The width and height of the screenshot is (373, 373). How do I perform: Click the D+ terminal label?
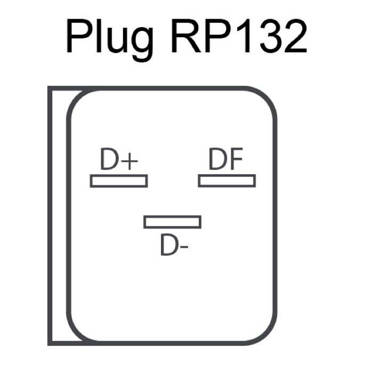[x=118, y=160]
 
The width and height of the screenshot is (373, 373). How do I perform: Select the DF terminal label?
[x=226, y=160]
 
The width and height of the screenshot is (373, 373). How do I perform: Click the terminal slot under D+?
[x=118, y=181]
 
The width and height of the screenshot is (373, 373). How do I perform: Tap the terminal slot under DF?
[x=226, y=181]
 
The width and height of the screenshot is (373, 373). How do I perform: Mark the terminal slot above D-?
[x=172, y=222]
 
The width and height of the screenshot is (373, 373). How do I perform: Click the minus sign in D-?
[x=184, y=248]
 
